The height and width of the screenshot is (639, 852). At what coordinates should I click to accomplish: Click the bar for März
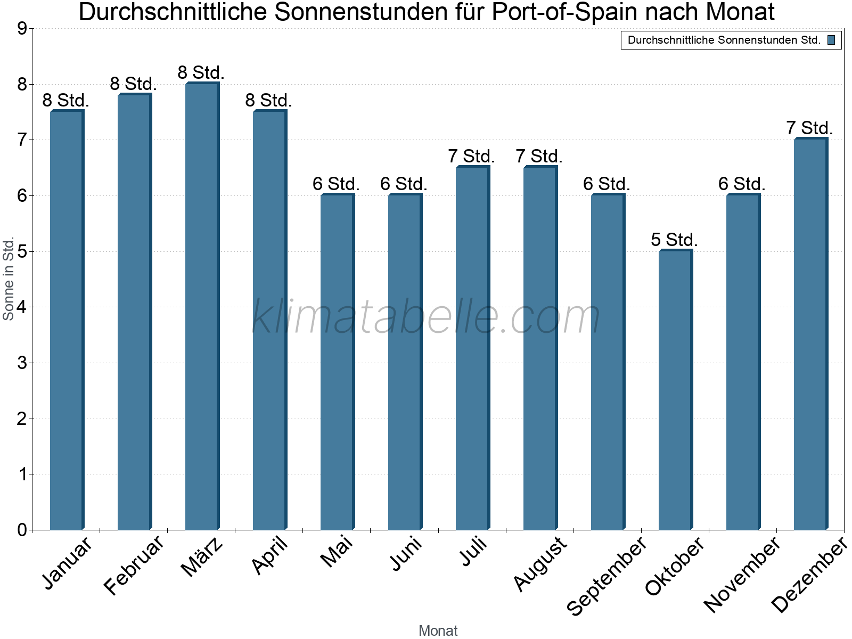(x=202, y=306)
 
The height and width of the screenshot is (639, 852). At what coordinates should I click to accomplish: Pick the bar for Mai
(x=337, y=362)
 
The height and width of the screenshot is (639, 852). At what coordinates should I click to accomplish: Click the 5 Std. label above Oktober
(x=674, y=240)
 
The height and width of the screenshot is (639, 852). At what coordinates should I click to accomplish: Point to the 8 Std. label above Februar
(x=133, y=84)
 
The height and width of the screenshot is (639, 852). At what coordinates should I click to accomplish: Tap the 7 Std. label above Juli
(x=471, y=156)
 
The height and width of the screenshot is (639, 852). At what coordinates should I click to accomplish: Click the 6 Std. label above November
(x=742, y=184)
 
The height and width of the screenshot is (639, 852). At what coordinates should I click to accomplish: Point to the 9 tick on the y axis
(x=22, y=29)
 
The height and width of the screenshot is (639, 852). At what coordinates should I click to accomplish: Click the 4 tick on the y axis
(x=22, y=307)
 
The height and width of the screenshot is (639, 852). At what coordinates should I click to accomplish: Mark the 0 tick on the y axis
(x=22, y=530)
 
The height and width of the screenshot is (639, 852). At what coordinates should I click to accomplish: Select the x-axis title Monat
(x=438, y=630)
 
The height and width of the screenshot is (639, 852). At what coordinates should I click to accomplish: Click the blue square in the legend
(x=831, y=40)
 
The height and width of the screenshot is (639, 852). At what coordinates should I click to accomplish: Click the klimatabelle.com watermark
(x=426, y=317)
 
